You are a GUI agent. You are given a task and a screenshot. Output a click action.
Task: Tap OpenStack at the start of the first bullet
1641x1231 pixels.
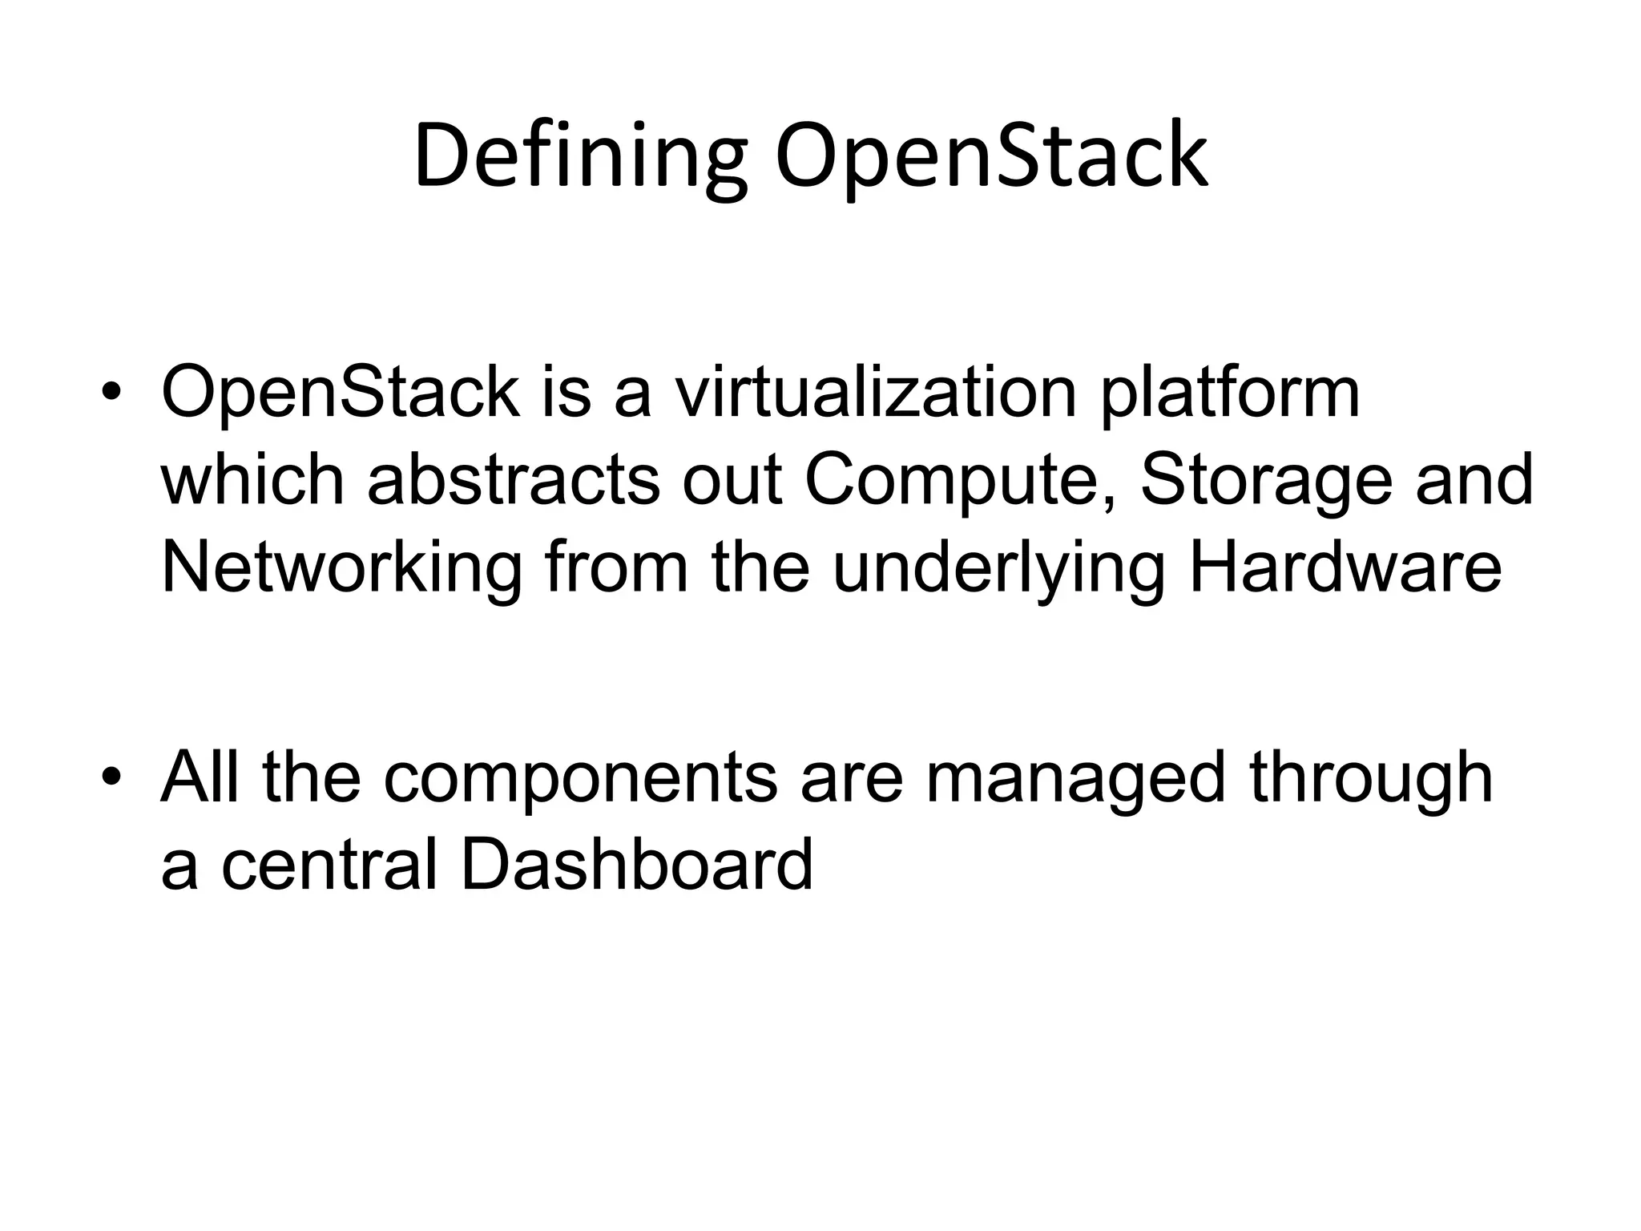pyautogui.click(x=341, y=392)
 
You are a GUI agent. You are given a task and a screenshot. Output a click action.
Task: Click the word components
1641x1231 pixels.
pyautogui.click(x=580, y=779)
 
